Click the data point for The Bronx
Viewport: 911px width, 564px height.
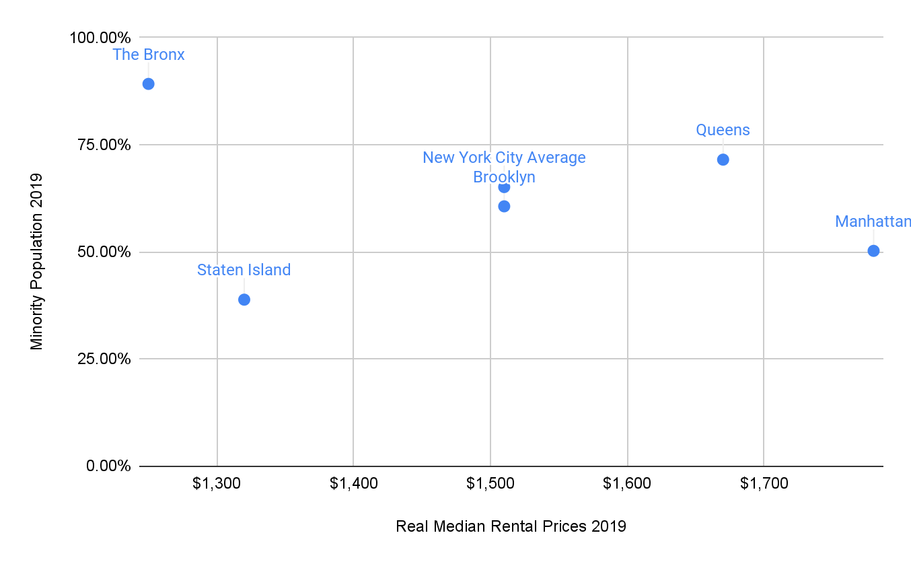(149, 84)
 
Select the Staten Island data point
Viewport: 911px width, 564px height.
(244, 299)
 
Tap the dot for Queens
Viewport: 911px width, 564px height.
(723, 160)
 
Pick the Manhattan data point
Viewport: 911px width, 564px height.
(873, 251)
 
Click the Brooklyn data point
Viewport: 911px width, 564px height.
(504, 206)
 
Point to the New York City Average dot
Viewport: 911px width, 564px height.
(504, 187)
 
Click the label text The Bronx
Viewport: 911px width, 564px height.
(149, 55)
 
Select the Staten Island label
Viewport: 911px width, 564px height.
(244, 270)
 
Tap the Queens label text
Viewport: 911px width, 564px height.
(723, 130)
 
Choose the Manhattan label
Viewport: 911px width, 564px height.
(873, 221)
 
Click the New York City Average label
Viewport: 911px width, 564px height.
(504, 157)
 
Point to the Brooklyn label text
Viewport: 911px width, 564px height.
(504, 177)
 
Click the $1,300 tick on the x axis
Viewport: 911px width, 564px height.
(217, 483)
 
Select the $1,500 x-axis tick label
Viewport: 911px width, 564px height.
(490, 483)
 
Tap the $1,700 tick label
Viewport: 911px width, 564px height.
(764, 483)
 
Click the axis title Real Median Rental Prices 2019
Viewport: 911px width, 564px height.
(511, 526)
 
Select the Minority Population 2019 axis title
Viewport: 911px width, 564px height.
(36, 262)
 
